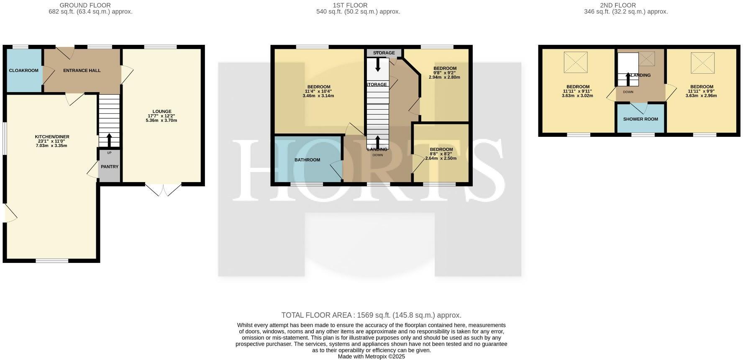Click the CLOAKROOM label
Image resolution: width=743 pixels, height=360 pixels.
23,70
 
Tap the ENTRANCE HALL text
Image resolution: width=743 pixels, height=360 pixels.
82,70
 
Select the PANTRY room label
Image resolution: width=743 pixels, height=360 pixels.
110,167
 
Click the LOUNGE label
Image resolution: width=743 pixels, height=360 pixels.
161,111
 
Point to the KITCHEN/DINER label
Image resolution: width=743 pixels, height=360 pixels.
52,137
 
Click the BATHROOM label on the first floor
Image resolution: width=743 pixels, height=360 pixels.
307,160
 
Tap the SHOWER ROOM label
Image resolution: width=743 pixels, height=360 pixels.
641,119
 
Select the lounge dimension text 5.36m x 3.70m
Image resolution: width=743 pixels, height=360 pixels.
161,121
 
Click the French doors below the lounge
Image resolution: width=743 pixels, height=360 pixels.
163,189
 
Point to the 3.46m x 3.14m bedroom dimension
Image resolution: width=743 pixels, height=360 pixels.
318,96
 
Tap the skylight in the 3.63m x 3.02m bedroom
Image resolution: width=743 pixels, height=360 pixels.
575,62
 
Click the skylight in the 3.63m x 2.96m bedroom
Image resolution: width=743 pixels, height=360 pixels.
702,62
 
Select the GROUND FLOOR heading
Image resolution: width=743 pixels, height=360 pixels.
85,5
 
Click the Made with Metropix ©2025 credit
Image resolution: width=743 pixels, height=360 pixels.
371,357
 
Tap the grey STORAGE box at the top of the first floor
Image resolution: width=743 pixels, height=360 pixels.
384,53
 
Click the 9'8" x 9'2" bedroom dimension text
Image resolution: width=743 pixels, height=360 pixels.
445,73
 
